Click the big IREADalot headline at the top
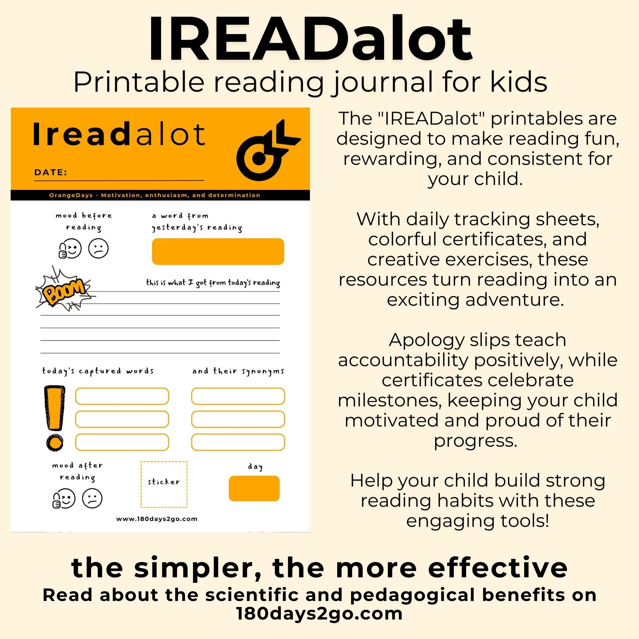310,39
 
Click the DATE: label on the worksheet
50,172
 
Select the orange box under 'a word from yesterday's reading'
218,251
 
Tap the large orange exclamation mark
55,418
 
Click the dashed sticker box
164,485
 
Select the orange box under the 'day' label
254,488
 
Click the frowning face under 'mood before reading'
98,248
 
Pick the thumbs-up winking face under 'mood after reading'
64,498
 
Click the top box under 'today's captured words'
122,396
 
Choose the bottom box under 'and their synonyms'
238,442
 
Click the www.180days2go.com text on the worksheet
157,519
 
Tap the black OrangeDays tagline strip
160,195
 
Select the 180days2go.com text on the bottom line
319,613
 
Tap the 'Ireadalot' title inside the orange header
119,134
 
